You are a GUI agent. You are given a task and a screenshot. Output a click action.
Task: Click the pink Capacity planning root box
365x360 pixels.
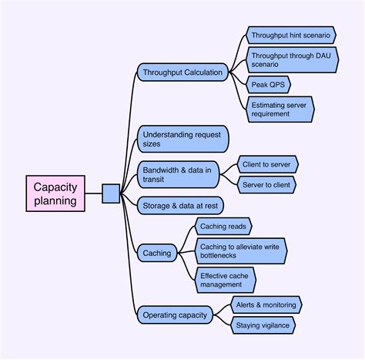[55, 193]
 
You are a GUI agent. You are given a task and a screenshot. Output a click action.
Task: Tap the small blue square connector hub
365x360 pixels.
[110, 193]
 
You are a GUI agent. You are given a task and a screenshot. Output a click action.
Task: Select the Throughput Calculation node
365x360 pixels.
[182, 72]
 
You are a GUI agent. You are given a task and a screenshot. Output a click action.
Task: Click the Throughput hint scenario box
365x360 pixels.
[291, 35]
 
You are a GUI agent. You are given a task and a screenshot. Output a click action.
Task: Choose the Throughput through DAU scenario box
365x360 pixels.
[291, 59]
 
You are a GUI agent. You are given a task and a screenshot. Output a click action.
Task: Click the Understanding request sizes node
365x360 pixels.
[182, 140]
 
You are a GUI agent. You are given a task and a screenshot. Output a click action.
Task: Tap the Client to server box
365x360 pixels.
[267, 164]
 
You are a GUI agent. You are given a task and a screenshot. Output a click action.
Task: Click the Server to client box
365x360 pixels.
[267, 185]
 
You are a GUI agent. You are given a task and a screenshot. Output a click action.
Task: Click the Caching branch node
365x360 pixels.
[157, 252]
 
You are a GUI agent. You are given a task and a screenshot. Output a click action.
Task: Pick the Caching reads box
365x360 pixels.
[222, 227]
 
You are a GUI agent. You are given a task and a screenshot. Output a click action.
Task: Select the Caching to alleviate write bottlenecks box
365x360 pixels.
[240, 251]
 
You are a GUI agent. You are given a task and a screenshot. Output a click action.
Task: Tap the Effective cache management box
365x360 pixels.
[225, 279]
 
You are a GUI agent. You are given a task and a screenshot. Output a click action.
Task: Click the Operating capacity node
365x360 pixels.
[173, 315]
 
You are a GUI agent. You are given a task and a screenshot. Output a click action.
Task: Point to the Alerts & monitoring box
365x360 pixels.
[266, 304]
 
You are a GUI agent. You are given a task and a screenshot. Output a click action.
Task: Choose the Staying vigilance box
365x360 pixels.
[263, 325]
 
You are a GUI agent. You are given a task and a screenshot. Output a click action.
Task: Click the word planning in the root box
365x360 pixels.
[55, 201]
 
